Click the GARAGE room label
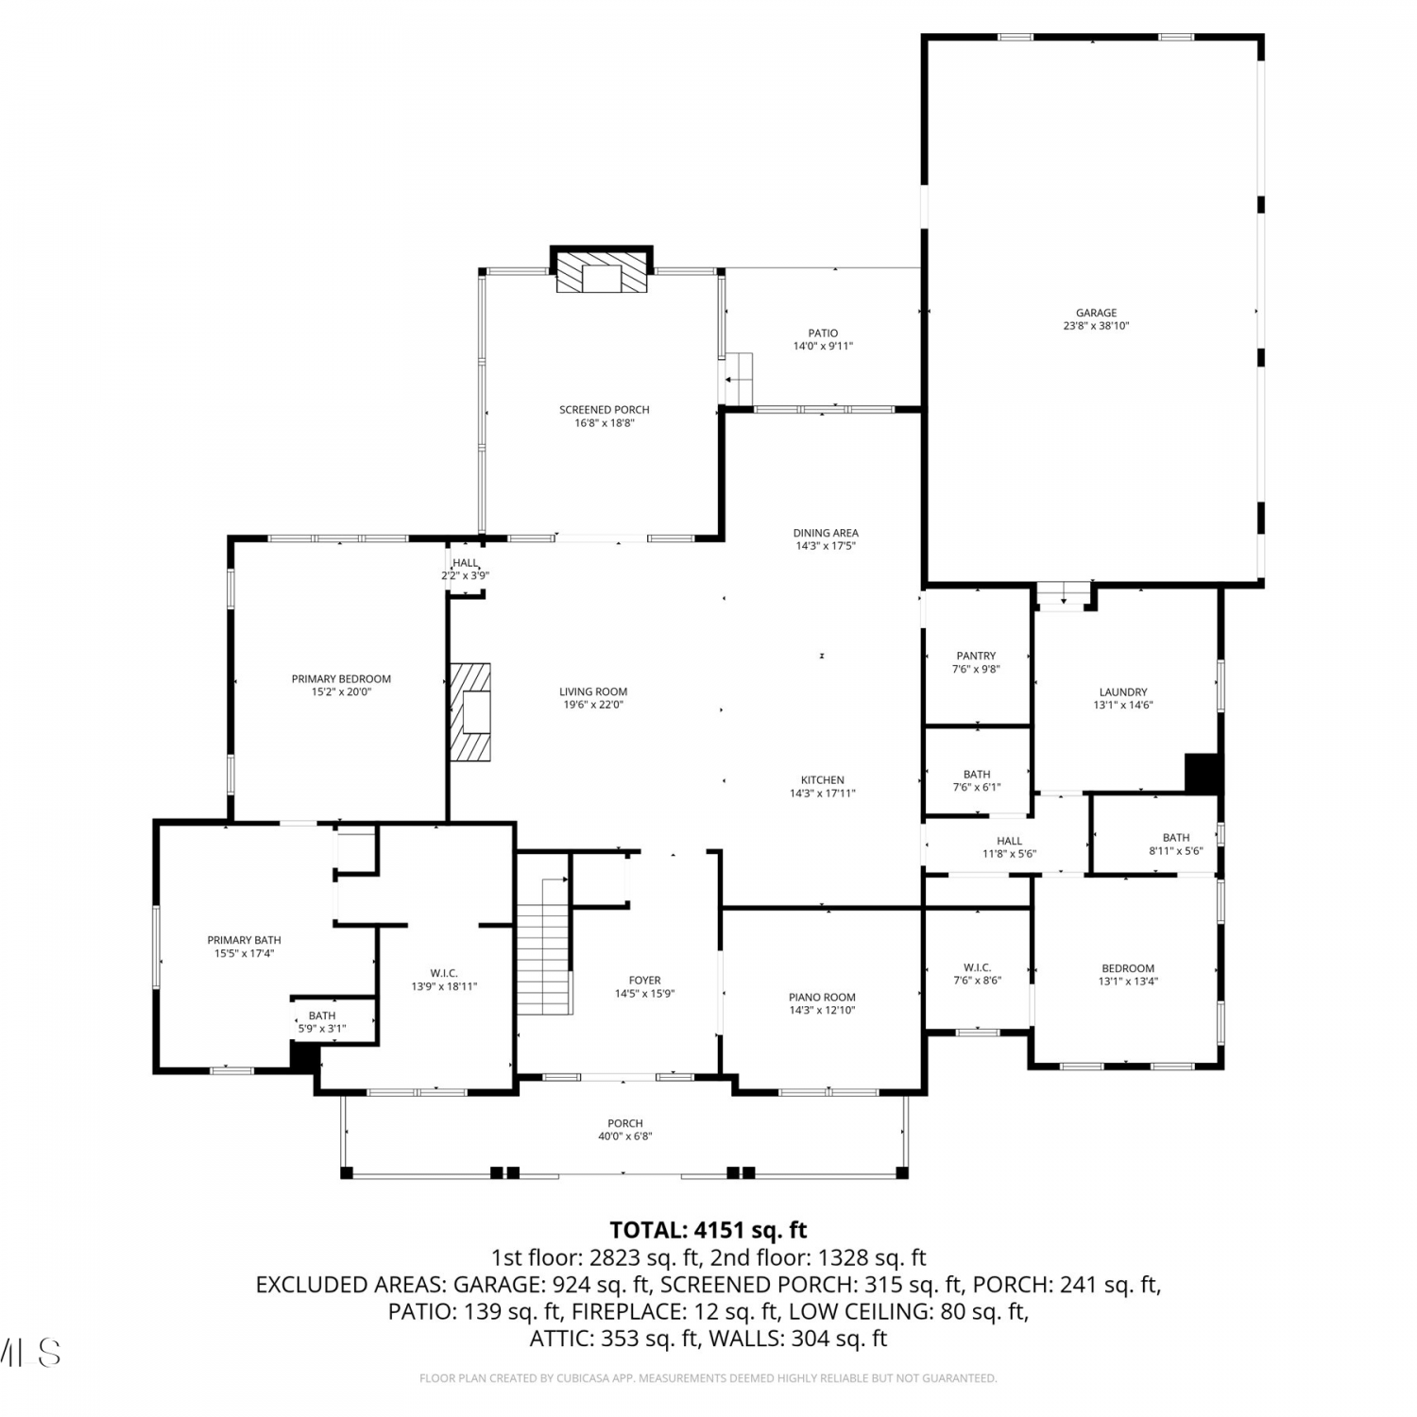1096,313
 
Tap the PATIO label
823,333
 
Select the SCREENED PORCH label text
605,410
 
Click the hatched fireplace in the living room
469,711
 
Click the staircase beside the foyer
544,946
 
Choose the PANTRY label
976,656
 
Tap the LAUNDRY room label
1123,691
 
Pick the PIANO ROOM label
822,997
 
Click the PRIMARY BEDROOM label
341,678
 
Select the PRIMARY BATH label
244,940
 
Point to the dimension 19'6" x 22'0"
592,705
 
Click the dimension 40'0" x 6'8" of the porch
625,1136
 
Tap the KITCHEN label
822,780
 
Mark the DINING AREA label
826,533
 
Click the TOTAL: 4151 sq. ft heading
708,1230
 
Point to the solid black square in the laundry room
1203,773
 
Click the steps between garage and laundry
1063,595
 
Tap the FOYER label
645,980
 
